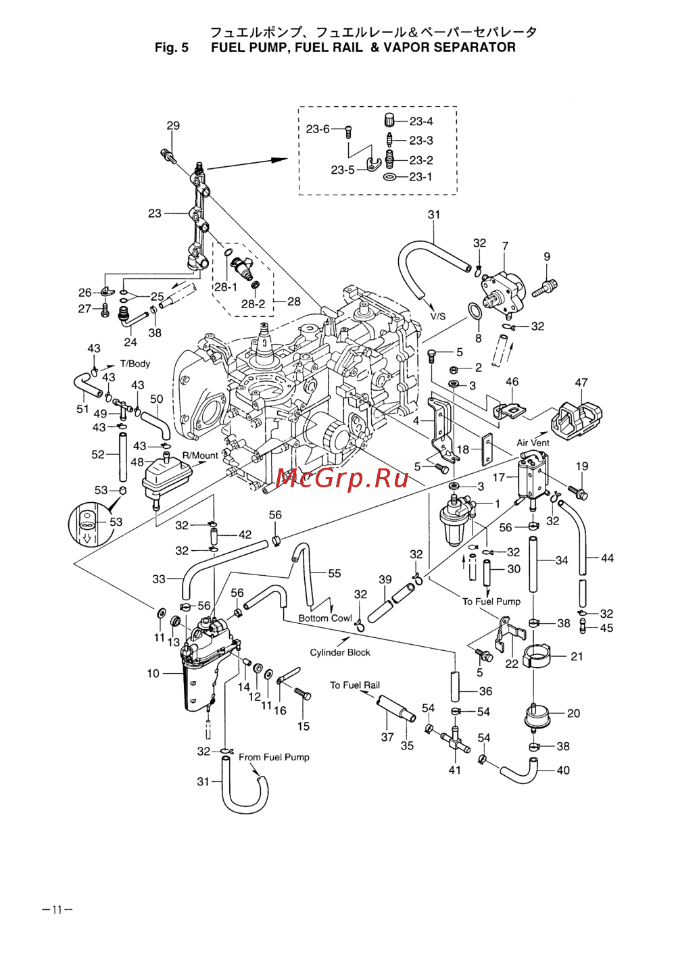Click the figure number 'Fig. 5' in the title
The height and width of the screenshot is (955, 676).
click(x=171, y=47)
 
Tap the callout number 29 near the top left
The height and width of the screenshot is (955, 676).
click(x=173, y=126)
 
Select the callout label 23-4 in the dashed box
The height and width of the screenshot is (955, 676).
click(x=421, y=121)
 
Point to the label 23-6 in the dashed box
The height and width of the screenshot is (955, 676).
click(x=318, y=129)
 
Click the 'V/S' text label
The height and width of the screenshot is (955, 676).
click(x=438, y=316)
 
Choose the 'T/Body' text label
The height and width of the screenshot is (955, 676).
click(x=135, y=364)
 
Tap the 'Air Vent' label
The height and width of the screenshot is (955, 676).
click(x=533, y=443)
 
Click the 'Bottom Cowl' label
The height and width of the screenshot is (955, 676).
click(x=325, y=618)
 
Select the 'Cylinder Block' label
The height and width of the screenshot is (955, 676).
click(x=340, y=652)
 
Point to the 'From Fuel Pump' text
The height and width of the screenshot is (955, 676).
click(x=274, y=757)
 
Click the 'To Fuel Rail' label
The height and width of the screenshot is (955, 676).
click(x=355, y=685)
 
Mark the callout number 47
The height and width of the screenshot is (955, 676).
click(x=581, y=383)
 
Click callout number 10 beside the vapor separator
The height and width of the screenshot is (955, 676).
click(x=153, y=673)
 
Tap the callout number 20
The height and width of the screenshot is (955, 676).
click(x=573, y=713)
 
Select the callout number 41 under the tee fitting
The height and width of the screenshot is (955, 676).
click(x=455, y=770)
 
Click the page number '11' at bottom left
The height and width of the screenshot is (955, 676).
click(x=57, y=910)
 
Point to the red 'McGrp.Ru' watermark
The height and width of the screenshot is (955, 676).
click(x=343, y=479)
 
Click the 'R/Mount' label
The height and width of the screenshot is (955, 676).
click(x=201, y=456)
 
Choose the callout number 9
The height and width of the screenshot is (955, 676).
click(x=547, y=257)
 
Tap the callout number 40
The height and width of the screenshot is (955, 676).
click(x=563, y=770)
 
